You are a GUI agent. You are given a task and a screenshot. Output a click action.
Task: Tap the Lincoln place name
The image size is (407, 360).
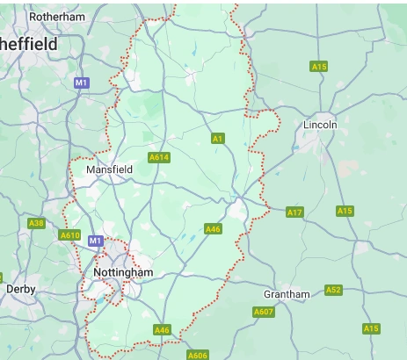tap(319, 125)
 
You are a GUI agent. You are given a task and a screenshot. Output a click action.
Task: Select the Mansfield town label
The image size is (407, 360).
tap(109, 169)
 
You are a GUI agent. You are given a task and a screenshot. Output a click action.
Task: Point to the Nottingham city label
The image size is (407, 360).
tap(122, 273)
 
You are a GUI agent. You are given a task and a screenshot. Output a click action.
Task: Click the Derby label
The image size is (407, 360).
tap(19, 288)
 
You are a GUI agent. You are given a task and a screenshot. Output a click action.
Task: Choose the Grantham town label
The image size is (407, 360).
tap(287, 294)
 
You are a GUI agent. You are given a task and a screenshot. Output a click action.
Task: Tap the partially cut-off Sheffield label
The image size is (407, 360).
tap(28, 44)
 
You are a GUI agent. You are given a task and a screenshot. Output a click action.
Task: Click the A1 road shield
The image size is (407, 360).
tap(217, 138)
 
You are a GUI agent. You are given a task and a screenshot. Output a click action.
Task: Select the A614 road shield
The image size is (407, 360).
tap(159, 157)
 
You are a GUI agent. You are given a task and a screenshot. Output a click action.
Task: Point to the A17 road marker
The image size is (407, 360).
tap(294, 212)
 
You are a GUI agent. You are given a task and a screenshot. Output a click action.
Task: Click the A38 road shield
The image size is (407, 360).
tap(36, 223)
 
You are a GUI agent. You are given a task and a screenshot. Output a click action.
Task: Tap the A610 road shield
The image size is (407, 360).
tap(70, 235)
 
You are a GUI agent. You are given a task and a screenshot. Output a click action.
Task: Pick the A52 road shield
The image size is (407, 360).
tap(333, 290)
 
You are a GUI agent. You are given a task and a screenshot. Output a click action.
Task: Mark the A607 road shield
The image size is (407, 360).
tap(263, 312)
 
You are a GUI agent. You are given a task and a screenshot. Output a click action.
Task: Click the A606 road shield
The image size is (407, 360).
tap(198, 355)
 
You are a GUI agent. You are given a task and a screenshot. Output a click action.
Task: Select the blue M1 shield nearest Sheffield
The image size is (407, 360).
tap(82, 83)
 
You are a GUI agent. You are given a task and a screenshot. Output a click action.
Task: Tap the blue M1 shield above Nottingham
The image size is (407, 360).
tap(96, 240)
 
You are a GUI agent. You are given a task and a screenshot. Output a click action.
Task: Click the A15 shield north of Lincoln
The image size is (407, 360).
tap(319, 67)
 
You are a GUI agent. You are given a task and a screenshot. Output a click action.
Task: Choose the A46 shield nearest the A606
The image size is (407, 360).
tap(162, 330)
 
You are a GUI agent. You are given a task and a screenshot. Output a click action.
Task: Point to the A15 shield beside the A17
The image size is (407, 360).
tap(345, 211)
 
